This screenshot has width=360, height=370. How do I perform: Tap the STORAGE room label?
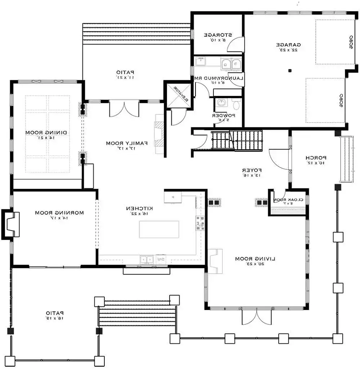tap(218, 35)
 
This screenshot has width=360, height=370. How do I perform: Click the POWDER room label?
tap(223, 116)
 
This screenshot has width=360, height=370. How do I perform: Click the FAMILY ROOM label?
tap(127, 143)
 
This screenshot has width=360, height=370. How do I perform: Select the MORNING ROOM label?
tap(59, 213)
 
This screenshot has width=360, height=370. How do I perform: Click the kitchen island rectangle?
tap(159, 229)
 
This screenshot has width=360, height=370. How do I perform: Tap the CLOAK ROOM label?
tap(289, 200)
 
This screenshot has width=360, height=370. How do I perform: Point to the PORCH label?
tap(316, 158)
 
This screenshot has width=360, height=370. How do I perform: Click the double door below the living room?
tap(255, 316)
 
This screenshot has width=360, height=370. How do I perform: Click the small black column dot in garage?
tap(289, 71)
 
